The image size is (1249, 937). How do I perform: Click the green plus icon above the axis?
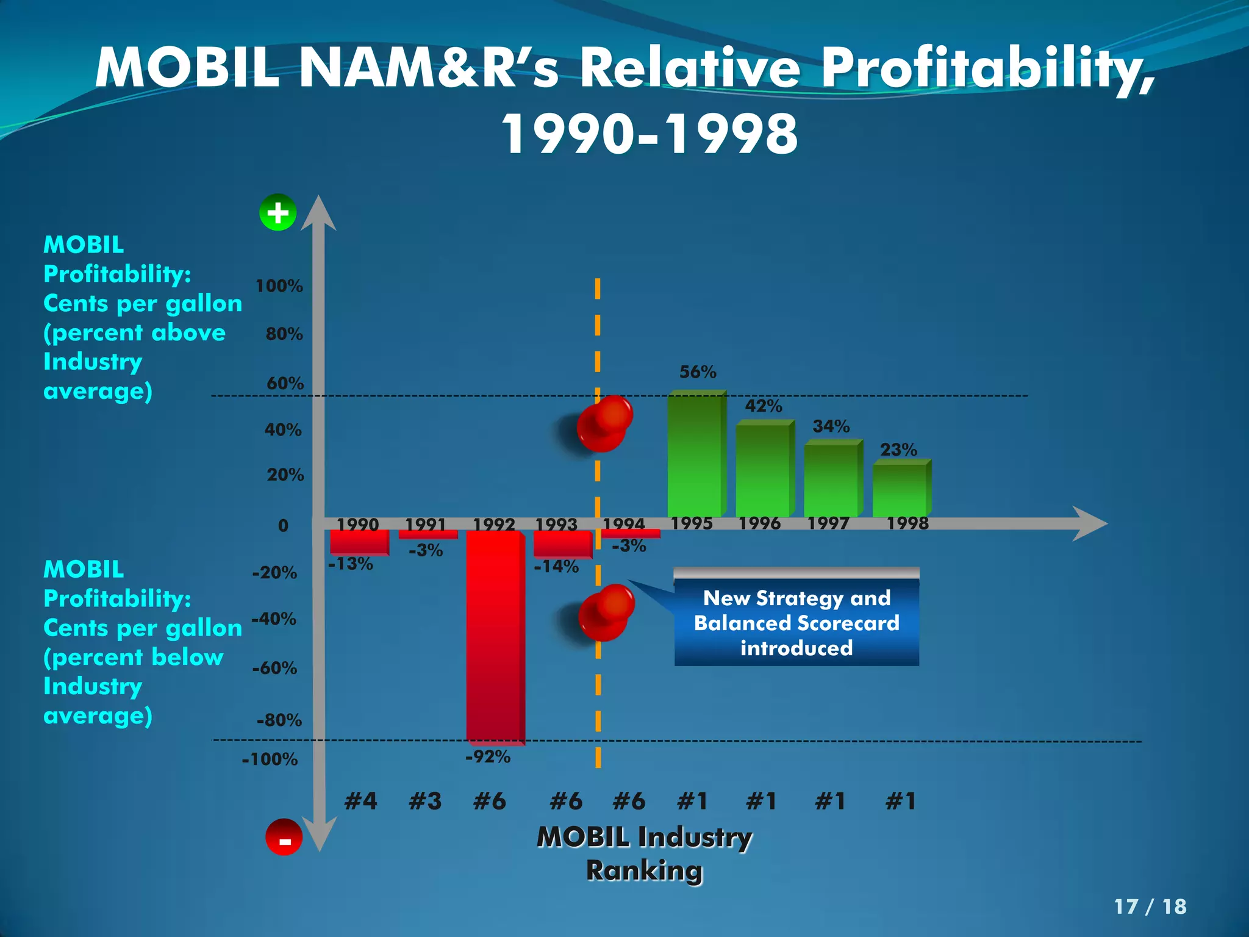pyautogui.click(x=278, y=213)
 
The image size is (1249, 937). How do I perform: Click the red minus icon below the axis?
pyautogui.click(x=284, y=838)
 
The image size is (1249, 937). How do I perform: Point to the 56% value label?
pyautogui.click(x=698, y=372)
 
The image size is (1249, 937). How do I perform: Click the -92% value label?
pyautogui.click(x=488, y=757)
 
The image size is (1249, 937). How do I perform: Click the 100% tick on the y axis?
pyautogui.click(x=279, y=286)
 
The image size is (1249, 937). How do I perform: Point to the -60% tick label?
pyautogui.click(x=274, y=669)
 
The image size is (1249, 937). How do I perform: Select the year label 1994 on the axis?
pyautogui.click(x=623, y=524)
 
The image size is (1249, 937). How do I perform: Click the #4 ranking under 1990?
pyautogui.click(x=360, y=801)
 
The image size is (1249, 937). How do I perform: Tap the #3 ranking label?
pyautogui.click(x=425, y=801)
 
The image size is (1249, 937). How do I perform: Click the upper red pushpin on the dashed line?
pyautogui.click(x=604, y=423)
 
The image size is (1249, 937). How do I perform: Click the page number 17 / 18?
pyautogui.click(x=1150, y=906)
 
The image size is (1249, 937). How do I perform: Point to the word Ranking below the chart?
pyautogui.click(x=644, y=871)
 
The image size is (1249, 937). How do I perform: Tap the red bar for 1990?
pyautogui.click(x=359, y=542)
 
